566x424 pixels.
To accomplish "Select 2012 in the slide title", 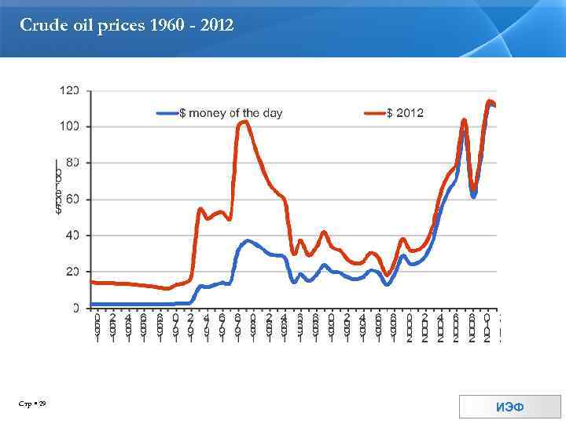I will pos(216,26).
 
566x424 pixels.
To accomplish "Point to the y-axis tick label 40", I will pos(72,236).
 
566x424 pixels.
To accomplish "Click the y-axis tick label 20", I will pos(72,272).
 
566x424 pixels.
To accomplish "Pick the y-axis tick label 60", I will pos(72,199).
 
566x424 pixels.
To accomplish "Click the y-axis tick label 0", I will pos(75,308).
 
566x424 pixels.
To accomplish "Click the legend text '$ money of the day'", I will pos(231,113).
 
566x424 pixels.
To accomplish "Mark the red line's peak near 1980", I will pos(245,121).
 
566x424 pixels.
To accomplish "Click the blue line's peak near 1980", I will pos(248,240).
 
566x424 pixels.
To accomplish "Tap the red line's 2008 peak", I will pos(464,120).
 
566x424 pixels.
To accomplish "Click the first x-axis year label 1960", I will pos(97,327).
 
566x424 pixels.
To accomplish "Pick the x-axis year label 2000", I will pos(410,327).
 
